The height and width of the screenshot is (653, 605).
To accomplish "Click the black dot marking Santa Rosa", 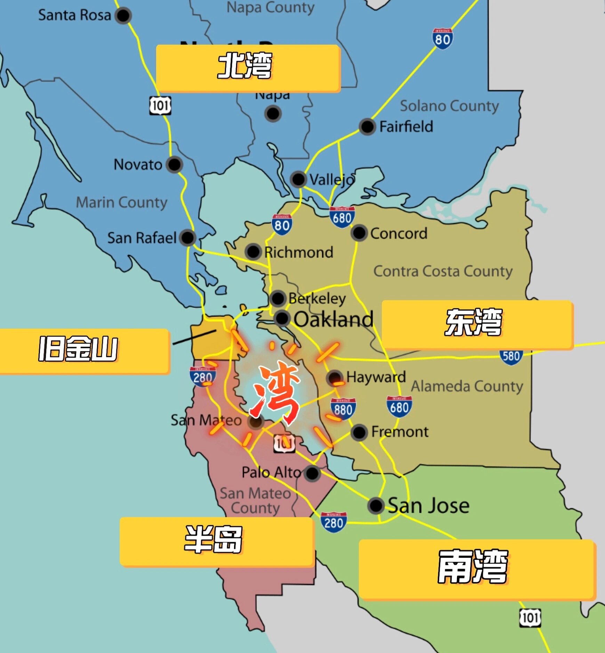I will tap(123, 15).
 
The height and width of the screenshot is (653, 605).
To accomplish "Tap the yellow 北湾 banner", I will tap(248, 68).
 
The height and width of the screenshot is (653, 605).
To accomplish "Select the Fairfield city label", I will tap(406, 127).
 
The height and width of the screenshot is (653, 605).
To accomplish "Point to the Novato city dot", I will tap(174, 164).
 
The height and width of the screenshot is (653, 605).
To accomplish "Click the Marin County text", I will tap(122, 202).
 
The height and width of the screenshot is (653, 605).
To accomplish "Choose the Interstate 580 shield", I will tap(511, 357).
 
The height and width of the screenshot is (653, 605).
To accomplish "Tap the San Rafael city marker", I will tap(188, 238).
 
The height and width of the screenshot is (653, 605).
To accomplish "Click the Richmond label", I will tap(298, 252).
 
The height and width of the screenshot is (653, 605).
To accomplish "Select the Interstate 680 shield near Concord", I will tap(342, 217).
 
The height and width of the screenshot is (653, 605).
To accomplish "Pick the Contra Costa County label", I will tap(443, 271).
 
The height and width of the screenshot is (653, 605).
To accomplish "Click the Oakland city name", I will tap(333, 319).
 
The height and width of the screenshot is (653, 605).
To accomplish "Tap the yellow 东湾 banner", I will tap(477, 324).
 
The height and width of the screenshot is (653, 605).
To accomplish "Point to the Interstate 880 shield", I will tap(343, 409).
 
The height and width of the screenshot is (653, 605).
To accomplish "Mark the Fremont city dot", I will tap(359, 432).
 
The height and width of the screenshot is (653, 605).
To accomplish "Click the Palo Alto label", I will tap(271, 472).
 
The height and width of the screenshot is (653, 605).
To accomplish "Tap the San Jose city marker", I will tap(376, 505).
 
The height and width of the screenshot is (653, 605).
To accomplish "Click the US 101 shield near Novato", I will tap(160, 105).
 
